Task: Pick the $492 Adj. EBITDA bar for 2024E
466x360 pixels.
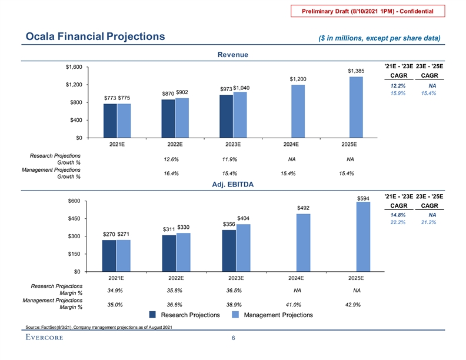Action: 303,242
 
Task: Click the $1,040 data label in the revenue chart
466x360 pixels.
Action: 241,88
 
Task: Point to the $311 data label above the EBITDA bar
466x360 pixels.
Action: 169,229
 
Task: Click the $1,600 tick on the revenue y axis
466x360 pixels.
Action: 74,67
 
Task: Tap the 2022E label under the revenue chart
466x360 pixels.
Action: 175,144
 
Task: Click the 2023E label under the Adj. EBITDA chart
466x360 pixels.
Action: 236,278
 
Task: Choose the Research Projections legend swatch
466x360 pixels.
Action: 154,315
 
